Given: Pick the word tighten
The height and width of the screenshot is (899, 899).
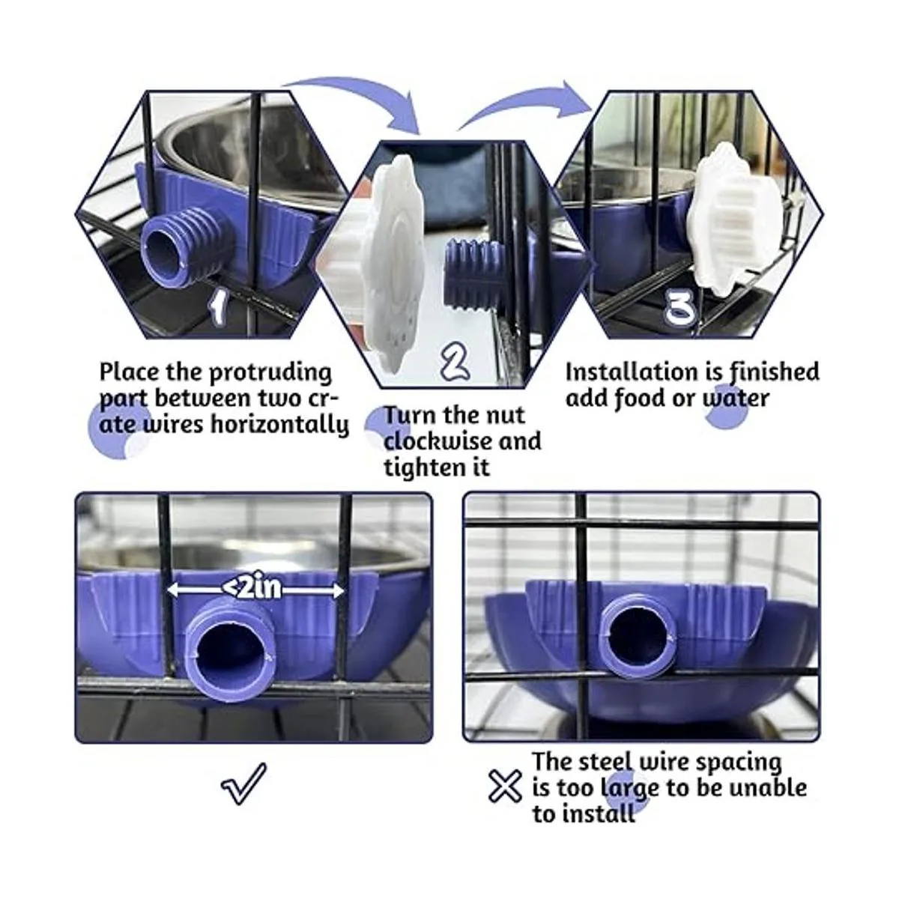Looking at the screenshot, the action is (x=423, y=467).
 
